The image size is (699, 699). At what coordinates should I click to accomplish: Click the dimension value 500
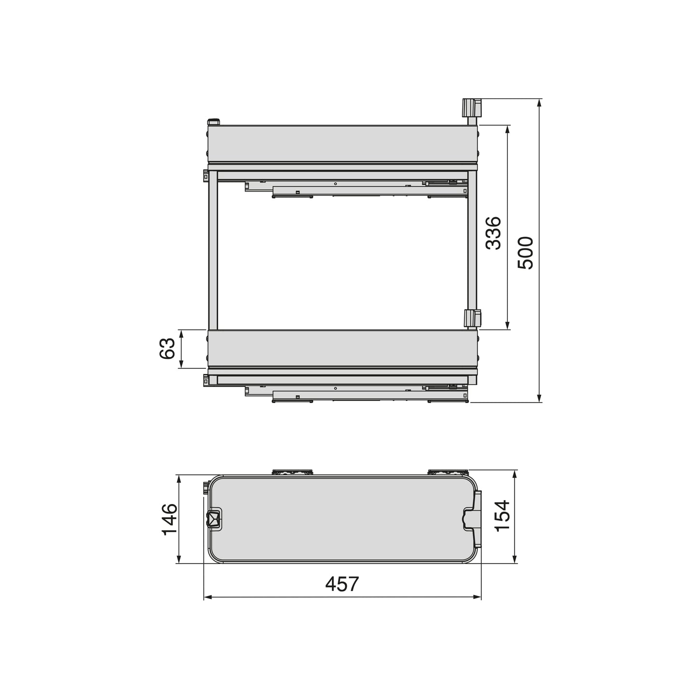click(525, 253)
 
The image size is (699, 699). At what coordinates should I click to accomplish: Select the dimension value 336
click(493, 233)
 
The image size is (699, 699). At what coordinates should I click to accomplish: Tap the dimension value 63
click(167, 348)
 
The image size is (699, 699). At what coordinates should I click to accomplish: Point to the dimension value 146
click(170, 519)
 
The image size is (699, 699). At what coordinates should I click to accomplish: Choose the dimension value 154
click(503, 516)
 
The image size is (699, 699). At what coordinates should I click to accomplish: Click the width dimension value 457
click(342, 584)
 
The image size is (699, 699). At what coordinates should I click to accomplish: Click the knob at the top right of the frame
click(471, 107)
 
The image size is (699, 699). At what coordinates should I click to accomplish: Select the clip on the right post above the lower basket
click(473, 318)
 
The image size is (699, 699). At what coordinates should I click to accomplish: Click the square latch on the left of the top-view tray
click(213, 519)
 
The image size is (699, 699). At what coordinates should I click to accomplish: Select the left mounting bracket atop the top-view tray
click(293, 472)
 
